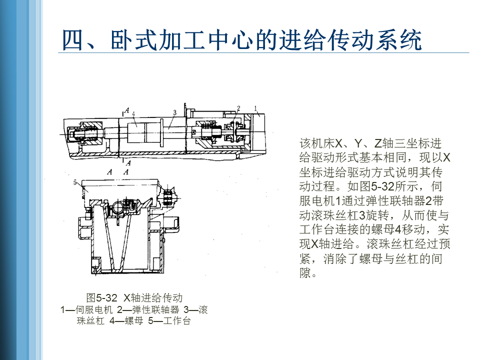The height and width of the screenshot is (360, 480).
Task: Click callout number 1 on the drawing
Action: point(255,108)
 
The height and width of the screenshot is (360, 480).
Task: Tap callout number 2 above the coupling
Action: point(238,108)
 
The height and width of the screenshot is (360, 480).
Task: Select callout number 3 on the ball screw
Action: point(174,112)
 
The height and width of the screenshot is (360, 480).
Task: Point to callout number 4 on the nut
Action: point(133,114)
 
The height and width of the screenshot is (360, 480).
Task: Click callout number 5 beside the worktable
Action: point(75,182)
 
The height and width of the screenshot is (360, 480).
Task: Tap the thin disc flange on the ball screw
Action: point(161,134)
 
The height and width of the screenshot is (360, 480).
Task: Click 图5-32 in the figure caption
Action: point(102,297)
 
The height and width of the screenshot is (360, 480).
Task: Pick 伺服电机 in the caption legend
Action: point(94,310)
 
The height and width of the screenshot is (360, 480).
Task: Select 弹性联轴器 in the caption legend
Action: point(155,310)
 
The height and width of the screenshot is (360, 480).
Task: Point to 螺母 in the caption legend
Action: point(134,321)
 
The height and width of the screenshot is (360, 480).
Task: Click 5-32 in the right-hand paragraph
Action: point(382,186)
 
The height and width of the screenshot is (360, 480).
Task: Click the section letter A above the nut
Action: point(126,110)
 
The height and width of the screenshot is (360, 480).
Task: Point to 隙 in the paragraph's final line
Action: point(305,273)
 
